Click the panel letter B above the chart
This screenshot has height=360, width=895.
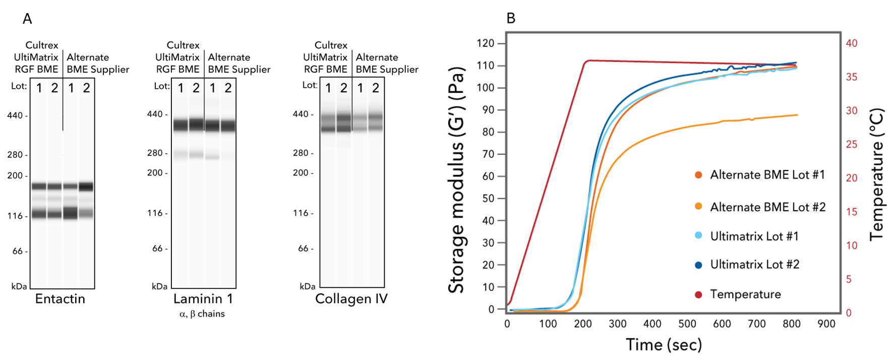click(x=511, y=19)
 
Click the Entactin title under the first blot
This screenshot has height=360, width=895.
click(x=60, y=299)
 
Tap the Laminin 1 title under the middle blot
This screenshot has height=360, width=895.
click(x=203, y=299)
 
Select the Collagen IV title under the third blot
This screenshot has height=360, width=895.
click(x=351, y=299)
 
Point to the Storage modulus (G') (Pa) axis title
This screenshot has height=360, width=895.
click(x=456, y=180)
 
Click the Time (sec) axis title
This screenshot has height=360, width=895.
click(x=664, y=344)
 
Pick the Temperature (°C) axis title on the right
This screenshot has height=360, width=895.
click(x=877, y=174)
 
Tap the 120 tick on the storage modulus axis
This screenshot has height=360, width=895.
click(x=485, y=43)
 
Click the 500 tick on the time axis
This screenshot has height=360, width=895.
click(x=687, y=324)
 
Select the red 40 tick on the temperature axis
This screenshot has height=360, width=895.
click(x=852, y=43)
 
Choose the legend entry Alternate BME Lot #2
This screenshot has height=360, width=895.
click(x=767, y=207)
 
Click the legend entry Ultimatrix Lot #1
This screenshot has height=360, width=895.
click(x=754, y=236)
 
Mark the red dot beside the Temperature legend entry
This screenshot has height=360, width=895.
click(x=698, y=294)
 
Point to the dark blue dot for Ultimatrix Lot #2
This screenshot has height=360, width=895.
click(x=698, y=265)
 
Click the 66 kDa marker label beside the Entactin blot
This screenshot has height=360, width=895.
click(x=18, y=251)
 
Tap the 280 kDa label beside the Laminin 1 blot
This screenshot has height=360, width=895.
click(x=155, y=153)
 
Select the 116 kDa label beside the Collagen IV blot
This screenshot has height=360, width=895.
click(x=301, y=213)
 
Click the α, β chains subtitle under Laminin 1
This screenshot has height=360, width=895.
click(x=202, y=314)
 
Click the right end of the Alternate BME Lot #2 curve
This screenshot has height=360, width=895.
click(x=797, y=115)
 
